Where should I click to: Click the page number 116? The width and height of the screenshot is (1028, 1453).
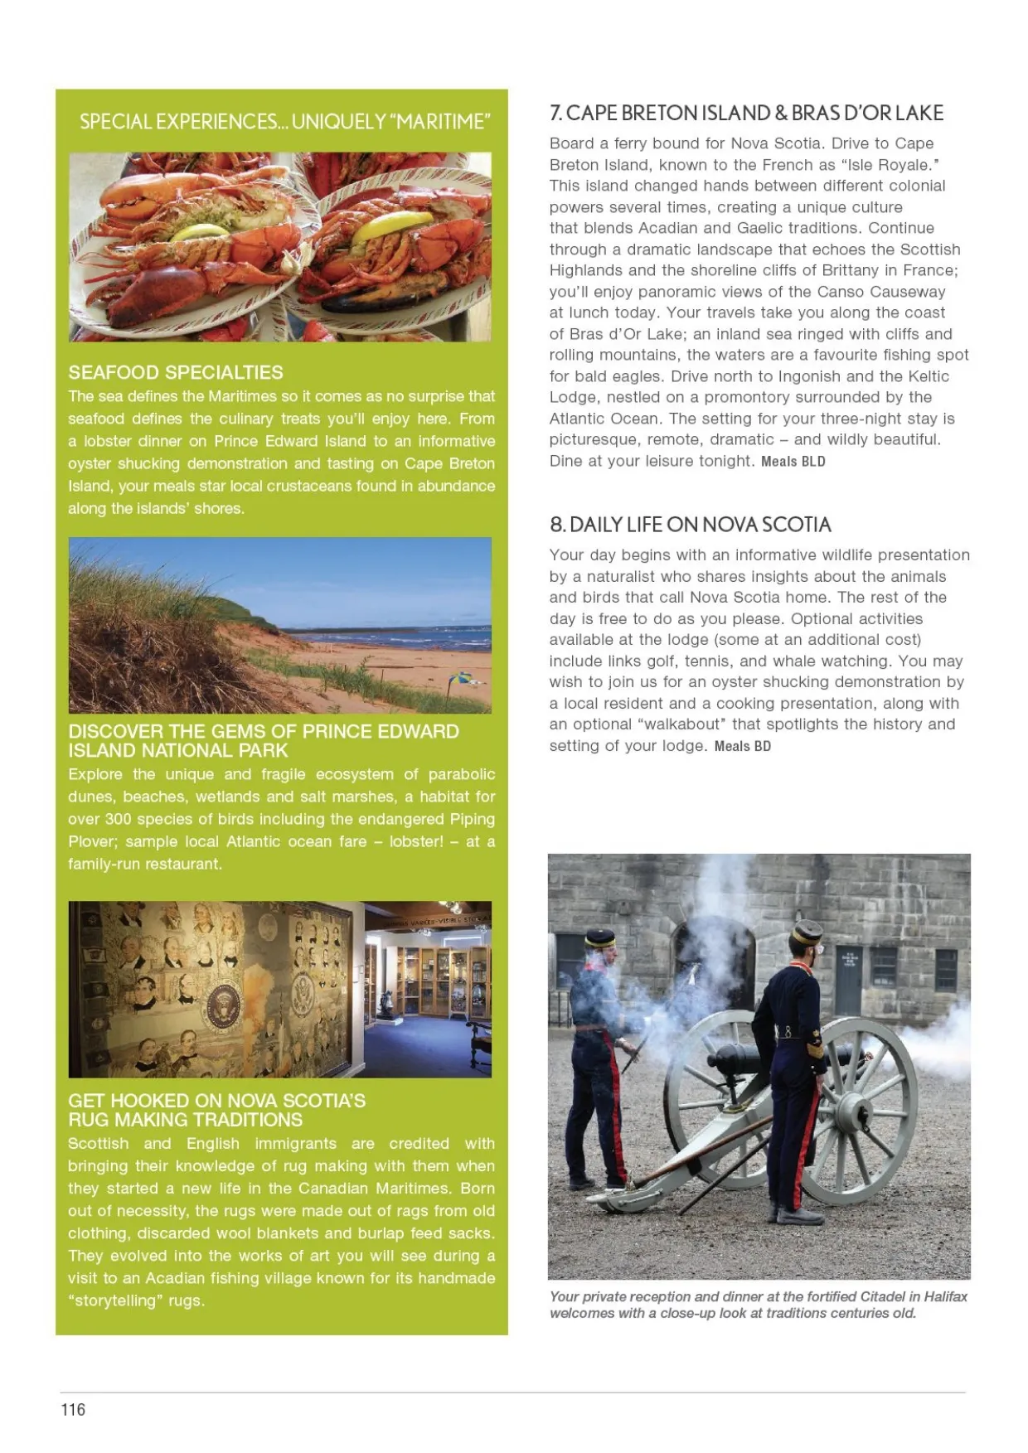(73, 1409)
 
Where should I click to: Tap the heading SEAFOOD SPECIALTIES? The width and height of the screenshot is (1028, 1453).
(176, 373)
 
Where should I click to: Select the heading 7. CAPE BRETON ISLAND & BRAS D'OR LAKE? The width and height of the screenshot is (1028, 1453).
(746, 113)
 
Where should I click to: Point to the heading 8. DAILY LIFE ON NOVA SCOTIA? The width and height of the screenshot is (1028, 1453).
(690, 525)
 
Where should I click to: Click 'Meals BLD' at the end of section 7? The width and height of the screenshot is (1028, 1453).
(793, 462)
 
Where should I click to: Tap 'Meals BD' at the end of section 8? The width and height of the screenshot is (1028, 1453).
(743, 746)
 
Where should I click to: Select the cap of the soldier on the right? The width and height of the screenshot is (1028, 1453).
(806, 933)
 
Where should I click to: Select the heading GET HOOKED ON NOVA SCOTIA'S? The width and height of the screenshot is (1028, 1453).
(217, 1101)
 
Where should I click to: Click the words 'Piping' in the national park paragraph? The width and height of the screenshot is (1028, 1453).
(472, 819)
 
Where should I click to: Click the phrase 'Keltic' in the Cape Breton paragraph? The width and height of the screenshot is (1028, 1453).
(926, 376)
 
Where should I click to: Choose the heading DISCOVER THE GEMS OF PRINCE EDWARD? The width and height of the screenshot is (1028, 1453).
(264, 732)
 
